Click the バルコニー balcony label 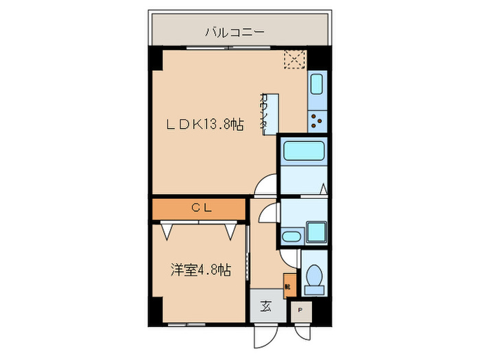235,32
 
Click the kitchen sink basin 317,85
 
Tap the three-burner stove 317,121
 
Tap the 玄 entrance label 265,307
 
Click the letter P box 300,311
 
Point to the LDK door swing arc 266,185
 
